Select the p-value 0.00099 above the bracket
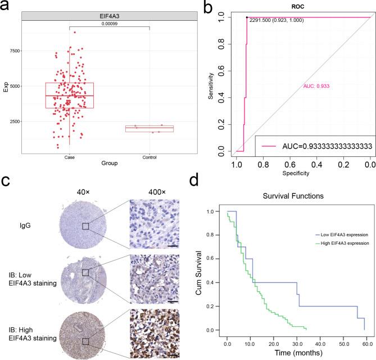110,24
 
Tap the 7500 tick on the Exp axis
13,51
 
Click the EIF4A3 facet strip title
110,17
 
